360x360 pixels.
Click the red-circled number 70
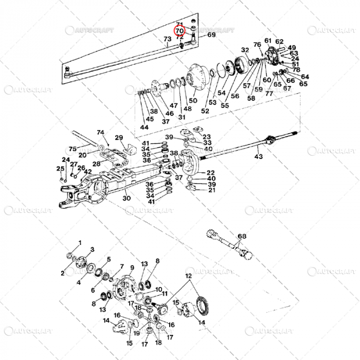[179, 31]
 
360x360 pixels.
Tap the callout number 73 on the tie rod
[167, 40]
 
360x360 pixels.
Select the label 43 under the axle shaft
[258, 156]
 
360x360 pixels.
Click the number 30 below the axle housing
[127, 198]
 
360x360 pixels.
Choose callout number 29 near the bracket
[119, 137]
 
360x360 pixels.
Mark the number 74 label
[100, 132]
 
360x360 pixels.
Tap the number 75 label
[72, 149]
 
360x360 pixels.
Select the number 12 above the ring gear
[189, 276]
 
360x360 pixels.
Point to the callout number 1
[80, 242]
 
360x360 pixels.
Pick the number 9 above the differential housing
[132, 267]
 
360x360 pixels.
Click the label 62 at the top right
[279, 42]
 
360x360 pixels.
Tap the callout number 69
[211, 34]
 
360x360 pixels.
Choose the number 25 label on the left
[60, 169]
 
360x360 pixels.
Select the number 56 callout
[235, 96]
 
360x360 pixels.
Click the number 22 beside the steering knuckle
[210, 172]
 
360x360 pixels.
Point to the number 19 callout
[136, 333]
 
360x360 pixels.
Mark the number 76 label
[257, 45]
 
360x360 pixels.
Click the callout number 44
[144, 127]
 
